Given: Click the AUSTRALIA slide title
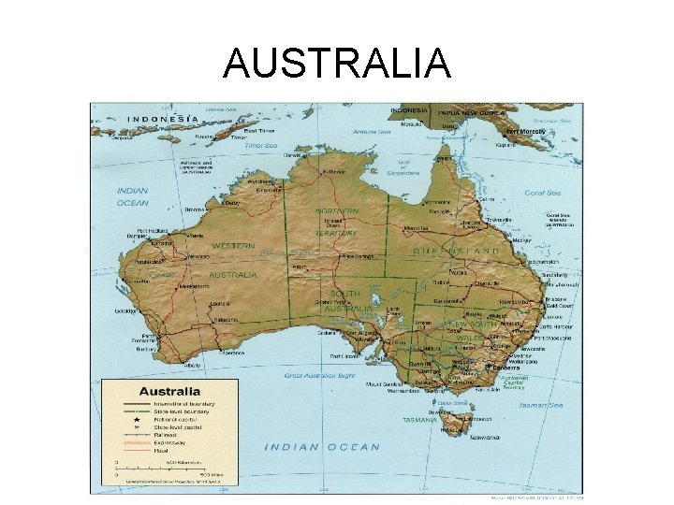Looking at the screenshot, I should click(337, 64).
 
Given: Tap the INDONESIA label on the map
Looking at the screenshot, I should click(163, 119).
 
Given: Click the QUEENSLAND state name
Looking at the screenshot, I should click(456, 252).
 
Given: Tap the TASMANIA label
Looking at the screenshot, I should click(419, 421).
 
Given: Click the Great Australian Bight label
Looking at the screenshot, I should click(317, 375).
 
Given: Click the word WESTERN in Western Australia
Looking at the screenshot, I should click(233, 246).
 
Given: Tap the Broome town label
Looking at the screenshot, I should click(195, 209).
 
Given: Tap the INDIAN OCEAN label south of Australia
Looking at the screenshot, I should click(322, 447).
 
